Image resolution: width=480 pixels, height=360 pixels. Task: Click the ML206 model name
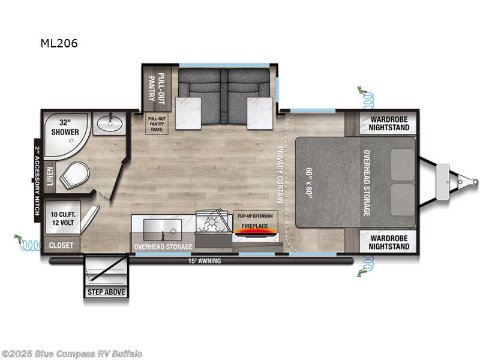coord(58,43)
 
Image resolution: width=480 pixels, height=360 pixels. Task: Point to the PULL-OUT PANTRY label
coord(156,88)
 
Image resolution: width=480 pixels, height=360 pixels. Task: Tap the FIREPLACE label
coord(256,226)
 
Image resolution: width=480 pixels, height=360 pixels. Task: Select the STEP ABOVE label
coord(106,292)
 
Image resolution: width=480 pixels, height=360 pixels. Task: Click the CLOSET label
coord(61,245)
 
